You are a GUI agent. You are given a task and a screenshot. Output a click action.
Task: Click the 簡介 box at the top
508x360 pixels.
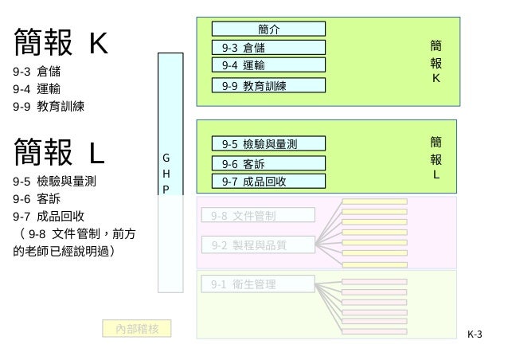pos(269,29)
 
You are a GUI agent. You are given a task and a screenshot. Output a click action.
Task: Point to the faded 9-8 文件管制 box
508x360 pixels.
pos(258,215)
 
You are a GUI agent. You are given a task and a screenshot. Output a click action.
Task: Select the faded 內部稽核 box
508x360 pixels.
pos(137,327)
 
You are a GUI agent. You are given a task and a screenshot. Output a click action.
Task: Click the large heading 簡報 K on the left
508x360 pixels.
pos(61,41)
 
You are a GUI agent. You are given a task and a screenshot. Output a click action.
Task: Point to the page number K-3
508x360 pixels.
pos(475,335)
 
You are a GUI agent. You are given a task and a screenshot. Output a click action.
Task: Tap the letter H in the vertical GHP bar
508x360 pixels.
pos(166,173)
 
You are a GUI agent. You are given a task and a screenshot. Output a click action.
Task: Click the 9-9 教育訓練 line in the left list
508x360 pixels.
pos(49,105)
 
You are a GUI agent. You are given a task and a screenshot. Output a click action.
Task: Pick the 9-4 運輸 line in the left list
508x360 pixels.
pos(39,88)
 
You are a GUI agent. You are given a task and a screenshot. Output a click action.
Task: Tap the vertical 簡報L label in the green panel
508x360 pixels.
pos(436,158)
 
